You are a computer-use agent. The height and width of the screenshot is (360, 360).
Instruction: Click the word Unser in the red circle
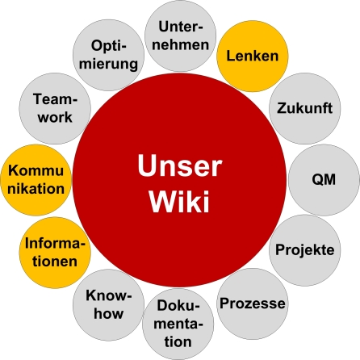pos(178,166)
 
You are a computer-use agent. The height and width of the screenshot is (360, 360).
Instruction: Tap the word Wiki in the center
pos(178,200)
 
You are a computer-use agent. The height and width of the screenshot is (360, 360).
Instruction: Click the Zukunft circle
pos(304,108)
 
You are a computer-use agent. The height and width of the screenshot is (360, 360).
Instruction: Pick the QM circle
pos(324,178)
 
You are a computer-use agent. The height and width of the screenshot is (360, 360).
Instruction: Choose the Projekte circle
pos(304,249)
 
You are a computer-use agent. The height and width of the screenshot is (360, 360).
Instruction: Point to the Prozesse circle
pos(252,303)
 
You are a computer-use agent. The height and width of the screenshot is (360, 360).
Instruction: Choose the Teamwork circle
pos(53,107)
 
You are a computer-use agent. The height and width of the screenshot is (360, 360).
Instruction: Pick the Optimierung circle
pos(107,55)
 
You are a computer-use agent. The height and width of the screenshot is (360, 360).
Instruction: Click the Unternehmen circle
pos(179,36)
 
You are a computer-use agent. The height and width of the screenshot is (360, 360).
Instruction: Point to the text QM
pos(324,178)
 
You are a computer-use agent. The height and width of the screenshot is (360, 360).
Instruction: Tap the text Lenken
pos(253,56)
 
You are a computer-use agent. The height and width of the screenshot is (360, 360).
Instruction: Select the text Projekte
pos(304,249)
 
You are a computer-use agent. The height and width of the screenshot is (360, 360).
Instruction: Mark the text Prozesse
pos(252,303)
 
